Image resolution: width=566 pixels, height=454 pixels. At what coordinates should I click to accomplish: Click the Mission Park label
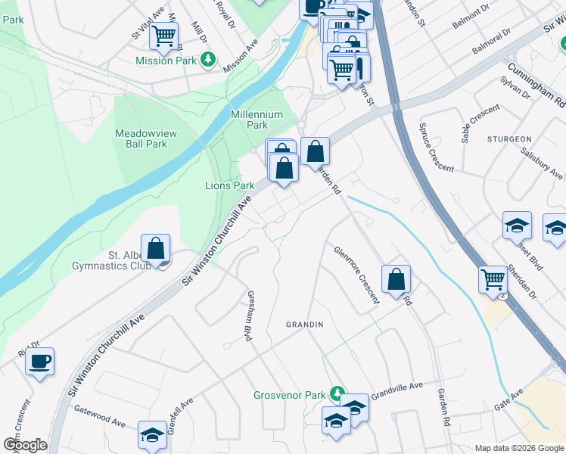(x=166, y=61)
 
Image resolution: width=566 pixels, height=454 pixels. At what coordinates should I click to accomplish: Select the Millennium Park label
(x=257, y=120)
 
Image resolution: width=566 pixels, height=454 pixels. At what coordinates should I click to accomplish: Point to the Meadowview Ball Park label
(x=145, y=138)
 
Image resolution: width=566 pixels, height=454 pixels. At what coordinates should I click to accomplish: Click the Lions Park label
(x=229, y=185)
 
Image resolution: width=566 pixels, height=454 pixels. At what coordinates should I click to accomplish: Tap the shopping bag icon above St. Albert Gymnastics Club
(x=155, y=248)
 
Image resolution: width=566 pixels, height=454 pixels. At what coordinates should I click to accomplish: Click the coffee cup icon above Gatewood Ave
(x=40, y=360)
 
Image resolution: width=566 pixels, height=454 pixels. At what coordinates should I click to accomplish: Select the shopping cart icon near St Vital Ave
(x=163, y=35)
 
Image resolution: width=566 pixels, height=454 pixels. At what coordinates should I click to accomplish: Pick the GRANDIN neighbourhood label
(x=304, y=325)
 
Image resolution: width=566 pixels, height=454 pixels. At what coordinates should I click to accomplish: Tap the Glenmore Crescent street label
(x=356, y=274)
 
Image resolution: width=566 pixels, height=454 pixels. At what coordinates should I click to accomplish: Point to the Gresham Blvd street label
(x=248, y=316)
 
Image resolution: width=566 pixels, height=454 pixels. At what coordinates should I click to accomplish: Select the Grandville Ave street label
(x=396, y=386)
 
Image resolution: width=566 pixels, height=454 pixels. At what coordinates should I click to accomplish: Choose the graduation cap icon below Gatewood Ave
(x=151, y=436)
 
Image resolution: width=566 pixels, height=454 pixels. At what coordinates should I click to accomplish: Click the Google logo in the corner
(x=26, y=445)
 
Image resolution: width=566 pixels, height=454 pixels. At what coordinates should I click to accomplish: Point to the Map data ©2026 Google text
(x=518, y=448)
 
